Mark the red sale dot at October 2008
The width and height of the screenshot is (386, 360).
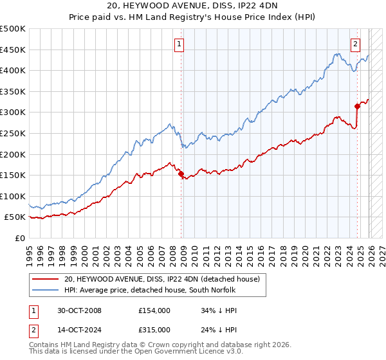181,174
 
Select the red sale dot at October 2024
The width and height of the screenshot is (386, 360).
357,106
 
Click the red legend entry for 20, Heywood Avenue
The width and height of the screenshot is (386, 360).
161,279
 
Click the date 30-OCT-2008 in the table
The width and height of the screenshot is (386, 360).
78,310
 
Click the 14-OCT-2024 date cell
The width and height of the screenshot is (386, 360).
78,331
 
